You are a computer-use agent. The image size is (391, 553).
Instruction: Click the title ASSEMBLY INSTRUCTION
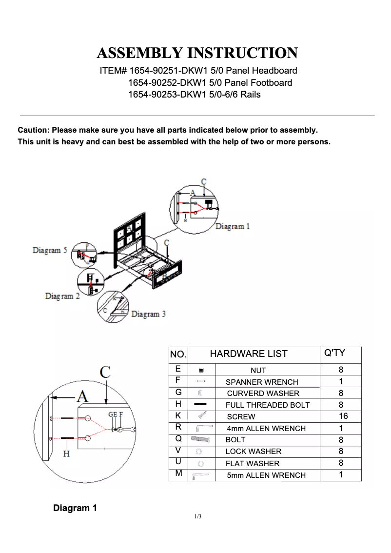[x=197, y=53]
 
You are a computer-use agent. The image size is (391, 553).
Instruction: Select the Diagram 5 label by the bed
[x=50, y=250]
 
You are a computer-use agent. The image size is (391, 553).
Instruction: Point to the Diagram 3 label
[x=148, y=314]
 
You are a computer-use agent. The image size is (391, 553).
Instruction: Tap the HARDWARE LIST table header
[x=249, y=354]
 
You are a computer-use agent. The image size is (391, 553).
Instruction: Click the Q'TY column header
[x=334, y=353]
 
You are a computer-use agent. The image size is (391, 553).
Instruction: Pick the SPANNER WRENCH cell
[x=261, y=382]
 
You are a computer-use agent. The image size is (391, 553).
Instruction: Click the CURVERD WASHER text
[x=263, y=393]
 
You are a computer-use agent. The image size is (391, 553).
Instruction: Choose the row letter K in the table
[x=178, y=415]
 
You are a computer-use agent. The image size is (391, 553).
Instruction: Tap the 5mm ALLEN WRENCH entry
[x=266, y=475]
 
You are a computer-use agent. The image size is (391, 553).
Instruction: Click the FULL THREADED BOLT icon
[x=200, y=404]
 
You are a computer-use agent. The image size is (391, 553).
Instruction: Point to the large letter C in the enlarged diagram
[x=105, y=373]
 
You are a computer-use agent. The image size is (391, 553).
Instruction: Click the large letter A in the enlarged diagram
[x=82, y=396]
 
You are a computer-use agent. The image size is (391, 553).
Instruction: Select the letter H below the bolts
[x=66, y=454]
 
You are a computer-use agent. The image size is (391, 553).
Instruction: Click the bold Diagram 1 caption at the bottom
[x=75, y=508]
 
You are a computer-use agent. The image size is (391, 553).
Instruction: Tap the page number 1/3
[x=198, y=516]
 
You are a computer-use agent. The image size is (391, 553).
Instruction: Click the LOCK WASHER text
[x=253, y=452]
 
